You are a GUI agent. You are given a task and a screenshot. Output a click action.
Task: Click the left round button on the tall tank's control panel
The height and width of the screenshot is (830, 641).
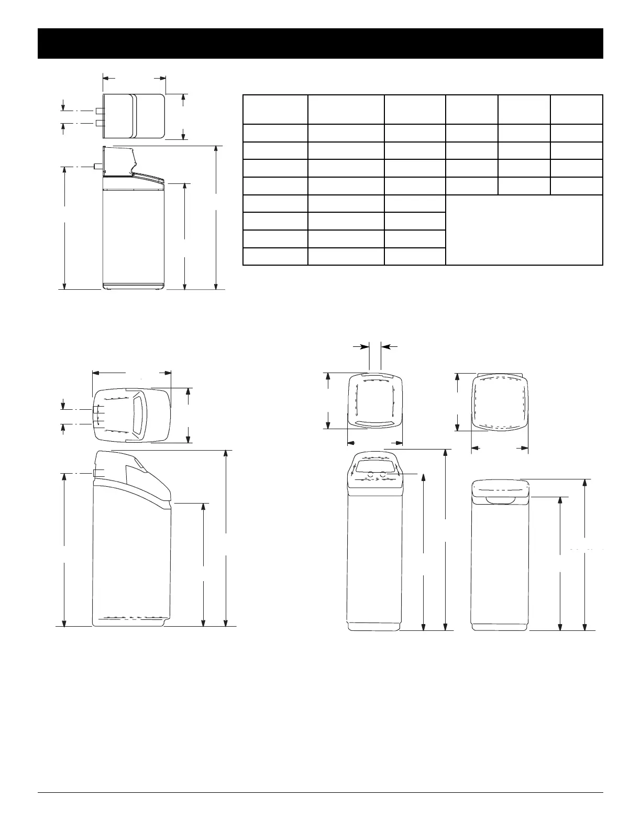click(371, 475)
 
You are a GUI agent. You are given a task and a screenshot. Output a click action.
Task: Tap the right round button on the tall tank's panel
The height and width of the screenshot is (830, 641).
click(383, 475)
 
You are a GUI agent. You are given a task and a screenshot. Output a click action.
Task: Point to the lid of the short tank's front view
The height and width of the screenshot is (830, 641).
click(500, 488)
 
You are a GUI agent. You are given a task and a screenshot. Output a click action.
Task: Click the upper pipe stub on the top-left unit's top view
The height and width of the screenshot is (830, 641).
click(100, 111)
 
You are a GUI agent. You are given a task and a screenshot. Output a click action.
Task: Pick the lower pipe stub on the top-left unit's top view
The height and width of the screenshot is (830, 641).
click(100, 123)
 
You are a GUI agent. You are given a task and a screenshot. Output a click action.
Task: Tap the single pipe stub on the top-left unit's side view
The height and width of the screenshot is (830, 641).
click(98, 166)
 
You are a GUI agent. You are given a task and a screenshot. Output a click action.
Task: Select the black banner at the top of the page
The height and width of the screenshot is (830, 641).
click(320, 43)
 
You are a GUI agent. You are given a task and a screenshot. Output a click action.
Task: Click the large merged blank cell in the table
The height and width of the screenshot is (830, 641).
click(524, 230)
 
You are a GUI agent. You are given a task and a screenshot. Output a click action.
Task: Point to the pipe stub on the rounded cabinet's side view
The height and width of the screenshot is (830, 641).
click(95, 473)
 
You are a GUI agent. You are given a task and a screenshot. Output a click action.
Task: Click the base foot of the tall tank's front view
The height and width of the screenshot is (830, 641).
click(374, 626)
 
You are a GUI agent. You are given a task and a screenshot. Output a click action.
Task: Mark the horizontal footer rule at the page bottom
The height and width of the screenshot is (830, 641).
click(320, 792)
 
